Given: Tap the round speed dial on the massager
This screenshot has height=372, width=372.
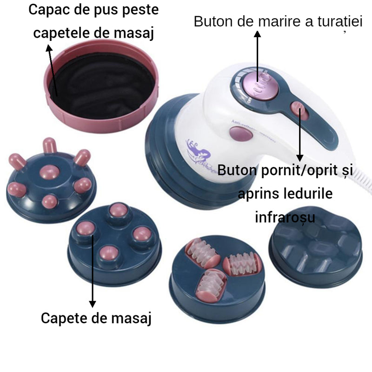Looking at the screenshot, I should [x=257, y=82].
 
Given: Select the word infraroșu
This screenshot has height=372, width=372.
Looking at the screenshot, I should [x=285, y=217].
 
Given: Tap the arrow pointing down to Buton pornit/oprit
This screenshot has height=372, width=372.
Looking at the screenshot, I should [x=300, y=135].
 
